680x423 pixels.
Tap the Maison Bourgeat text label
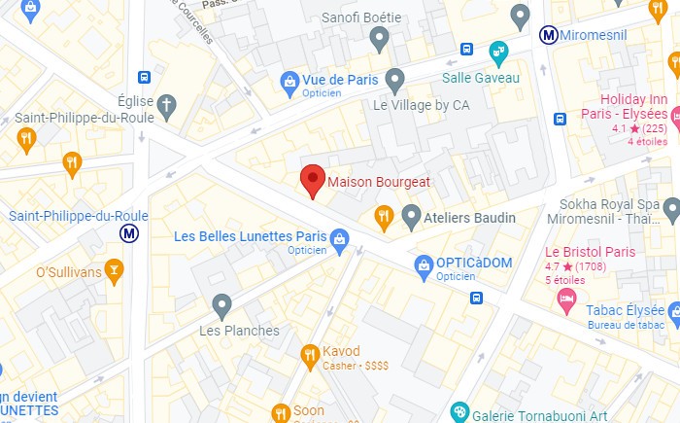[x=379, y=182]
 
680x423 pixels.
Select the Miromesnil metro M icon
[x=549, y=35]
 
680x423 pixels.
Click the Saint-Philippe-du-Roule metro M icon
[x=129, y=233]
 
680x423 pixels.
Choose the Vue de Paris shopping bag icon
[x=289, y=80]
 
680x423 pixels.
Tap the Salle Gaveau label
[x=481, y=78]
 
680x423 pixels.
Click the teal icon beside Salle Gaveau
[x=498, y=50]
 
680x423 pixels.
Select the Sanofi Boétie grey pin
[x=380, y=39]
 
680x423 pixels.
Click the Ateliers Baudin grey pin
[x=411, y=216]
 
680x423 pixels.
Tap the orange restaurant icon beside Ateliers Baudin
[x=385, y=217]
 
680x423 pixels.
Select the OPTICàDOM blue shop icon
[x=424, y=264]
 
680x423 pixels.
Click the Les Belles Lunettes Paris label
[x=250, y=236]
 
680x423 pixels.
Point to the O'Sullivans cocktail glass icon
[x=115, y=271]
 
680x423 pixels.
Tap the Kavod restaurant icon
[x=310, y=351]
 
